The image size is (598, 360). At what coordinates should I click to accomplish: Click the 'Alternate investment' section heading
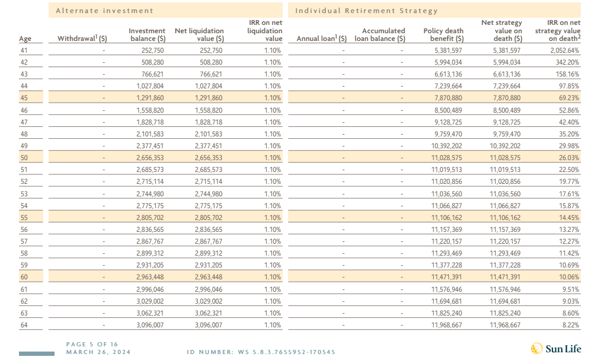point(104,11)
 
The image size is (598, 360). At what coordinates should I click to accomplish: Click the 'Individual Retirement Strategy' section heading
point(366,11)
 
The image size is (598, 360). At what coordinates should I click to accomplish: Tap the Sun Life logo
point(556,348)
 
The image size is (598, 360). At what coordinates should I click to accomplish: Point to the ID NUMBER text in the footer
point(261,352)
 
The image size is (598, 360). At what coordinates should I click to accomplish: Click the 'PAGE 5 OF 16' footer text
point(92,345)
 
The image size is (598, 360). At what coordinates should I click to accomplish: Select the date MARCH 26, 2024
point(98,352)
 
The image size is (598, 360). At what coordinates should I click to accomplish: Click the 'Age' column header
point(25,39)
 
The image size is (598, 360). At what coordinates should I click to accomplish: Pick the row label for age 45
point(24,98)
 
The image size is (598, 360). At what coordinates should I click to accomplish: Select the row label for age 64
point(24,325)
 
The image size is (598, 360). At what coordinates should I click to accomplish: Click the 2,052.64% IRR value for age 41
point(564,50)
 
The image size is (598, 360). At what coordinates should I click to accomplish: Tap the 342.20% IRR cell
point(567,62)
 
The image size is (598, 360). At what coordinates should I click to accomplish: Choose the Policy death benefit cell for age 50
point(447,158)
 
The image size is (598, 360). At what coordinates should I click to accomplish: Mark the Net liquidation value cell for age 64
point(209,325)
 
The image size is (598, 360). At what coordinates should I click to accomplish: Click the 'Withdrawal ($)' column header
point(82,38)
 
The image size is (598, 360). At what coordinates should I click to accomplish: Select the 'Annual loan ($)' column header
point(321,38)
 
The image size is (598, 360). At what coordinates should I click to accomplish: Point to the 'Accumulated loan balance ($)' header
point(380,35)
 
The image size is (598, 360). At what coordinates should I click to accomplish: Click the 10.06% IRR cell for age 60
point(568,277)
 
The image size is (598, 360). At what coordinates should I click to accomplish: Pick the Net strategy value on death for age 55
point(505,218)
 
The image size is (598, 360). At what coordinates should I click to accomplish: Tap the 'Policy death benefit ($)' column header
point(443,35)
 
